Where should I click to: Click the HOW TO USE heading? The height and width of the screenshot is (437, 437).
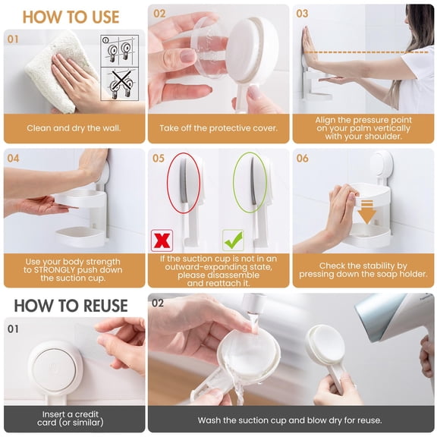click(71, 16)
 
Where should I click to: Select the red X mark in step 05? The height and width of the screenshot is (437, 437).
click(162, 241)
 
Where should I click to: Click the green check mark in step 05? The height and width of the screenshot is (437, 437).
click(233, 241)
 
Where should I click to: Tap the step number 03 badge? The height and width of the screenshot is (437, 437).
click(303, 14)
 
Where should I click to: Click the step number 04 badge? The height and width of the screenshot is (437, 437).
click(14, 159)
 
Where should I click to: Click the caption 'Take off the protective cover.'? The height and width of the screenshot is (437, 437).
click(218, 128)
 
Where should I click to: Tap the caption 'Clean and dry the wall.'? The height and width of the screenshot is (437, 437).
click(74, 128)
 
